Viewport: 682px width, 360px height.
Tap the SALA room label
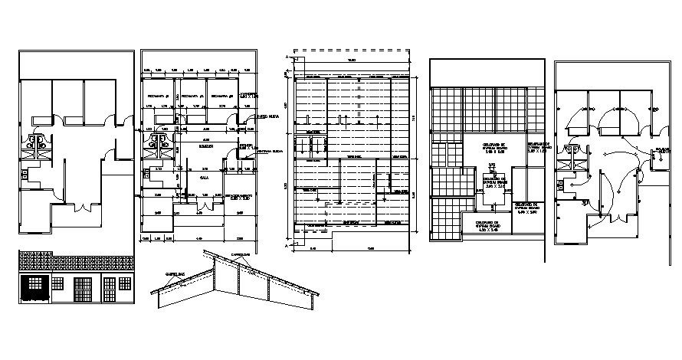point(205,176)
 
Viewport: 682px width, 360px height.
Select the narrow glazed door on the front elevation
point(110,290)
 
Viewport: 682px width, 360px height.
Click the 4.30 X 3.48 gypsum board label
point(488,227)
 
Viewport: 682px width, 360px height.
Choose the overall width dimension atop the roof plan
point(351,61)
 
